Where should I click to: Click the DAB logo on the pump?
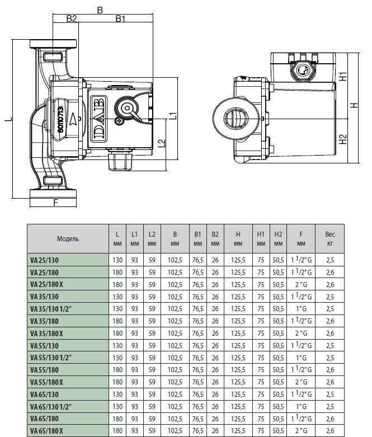(99, 118)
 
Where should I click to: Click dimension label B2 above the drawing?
(72, 18)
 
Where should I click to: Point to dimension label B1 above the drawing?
(120, 18)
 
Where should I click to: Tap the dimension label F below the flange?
(55, 203)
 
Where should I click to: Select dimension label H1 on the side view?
(343, 76)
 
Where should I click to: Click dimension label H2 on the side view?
(343, 139)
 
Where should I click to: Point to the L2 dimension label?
(162, 143)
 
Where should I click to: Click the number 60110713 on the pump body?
(60, 119)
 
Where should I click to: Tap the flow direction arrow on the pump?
(73, 119)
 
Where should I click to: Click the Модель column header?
(68, 239)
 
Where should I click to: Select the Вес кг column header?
(330, 239)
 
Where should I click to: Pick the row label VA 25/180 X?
(46, 285)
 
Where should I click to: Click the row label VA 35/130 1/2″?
(51, 309)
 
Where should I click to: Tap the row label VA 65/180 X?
(46, 431)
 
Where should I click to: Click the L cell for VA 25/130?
(117, 260)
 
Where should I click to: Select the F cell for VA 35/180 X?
(301, 333)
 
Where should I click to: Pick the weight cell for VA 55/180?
(330, 370)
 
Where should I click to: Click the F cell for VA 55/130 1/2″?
(301, 358)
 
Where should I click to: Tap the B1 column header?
(198, 239)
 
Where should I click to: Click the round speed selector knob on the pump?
(127, 109)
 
